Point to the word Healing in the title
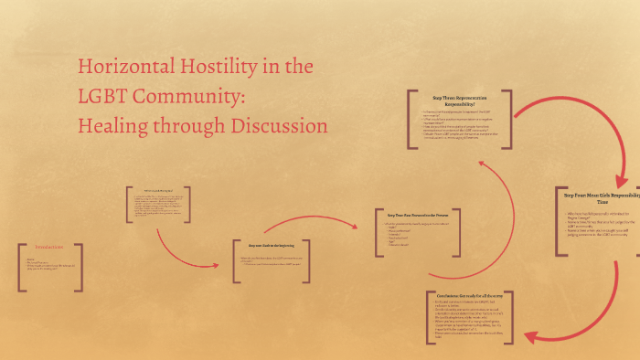112,124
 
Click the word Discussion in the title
273,124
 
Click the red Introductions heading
49,248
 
